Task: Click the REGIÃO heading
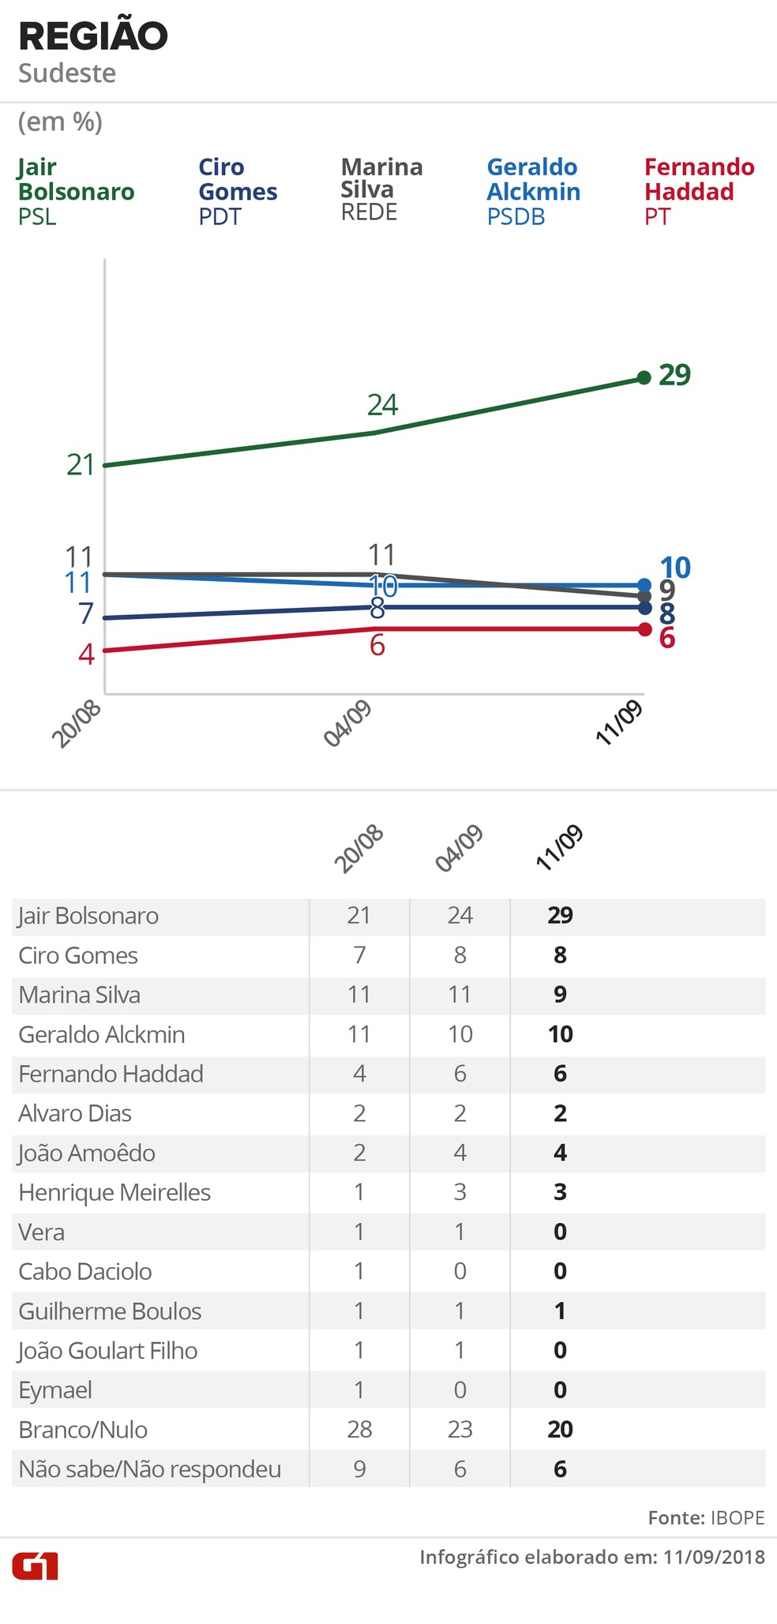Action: (93, 36)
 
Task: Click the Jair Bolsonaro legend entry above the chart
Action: (76, 191)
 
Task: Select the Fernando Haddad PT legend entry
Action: (699, 191)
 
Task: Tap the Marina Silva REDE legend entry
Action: (381, 189)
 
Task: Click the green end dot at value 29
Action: (644, 377)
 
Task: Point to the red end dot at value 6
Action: (644, 629)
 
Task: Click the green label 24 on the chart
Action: (383, 405)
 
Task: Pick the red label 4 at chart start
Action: (86, 654)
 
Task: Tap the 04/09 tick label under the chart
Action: (348, 724)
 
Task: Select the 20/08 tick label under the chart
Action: (77, 724)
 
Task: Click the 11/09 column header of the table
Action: (559, 848)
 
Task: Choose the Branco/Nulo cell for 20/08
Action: (359, 1429)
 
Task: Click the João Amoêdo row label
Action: (87, 1153)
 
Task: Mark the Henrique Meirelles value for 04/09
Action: (460, 1192)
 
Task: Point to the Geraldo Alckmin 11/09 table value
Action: (560, 1034)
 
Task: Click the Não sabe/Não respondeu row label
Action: (150, 1469)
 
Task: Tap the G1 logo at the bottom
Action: (35, 1566)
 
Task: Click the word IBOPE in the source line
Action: (738, 1517)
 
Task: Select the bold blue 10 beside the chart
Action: (675, 568)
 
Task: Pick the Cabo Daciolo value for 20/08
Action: (359, 1271)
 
